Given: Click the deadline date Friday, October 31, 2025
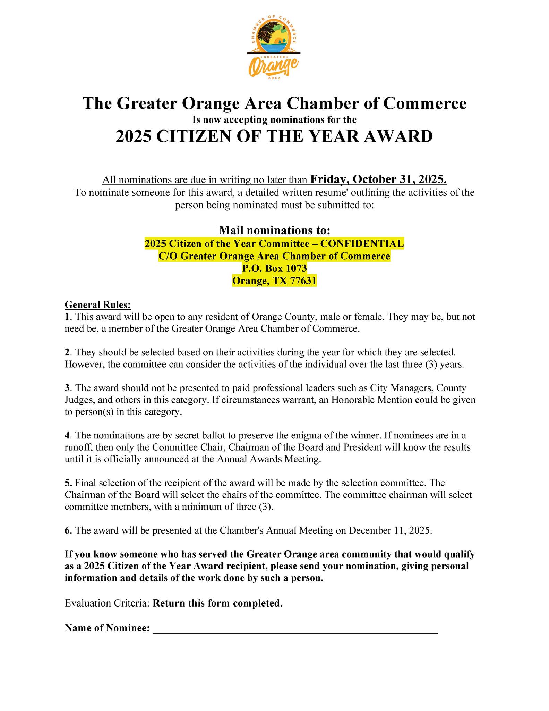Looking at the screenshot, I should click(x=378, y=179).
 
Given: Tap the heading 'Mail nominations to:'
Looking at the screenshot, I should click(x=274, y=230).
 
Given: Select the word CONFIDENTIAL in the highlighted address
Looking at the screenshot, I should click(x=362, y=244).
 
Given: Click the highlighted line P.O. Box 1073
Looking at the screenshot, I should click(x=274, y=268).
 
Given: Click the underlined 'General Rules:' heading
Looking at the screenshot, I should click(x=98, y=305).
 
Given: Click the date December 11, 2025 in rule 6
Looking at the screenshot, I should click(x=390, y=530).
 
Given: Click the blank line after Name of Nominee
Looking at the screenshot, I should click(x=295, y=628).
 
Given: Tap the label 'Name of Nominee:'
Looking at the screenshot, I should click(x=107, y=628).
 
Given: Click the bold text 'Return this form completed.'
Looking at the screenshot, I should click(x=218, y=603).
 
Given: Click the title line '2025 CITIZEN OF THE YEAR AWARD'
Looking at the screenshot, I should click(x=274, y=136).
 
